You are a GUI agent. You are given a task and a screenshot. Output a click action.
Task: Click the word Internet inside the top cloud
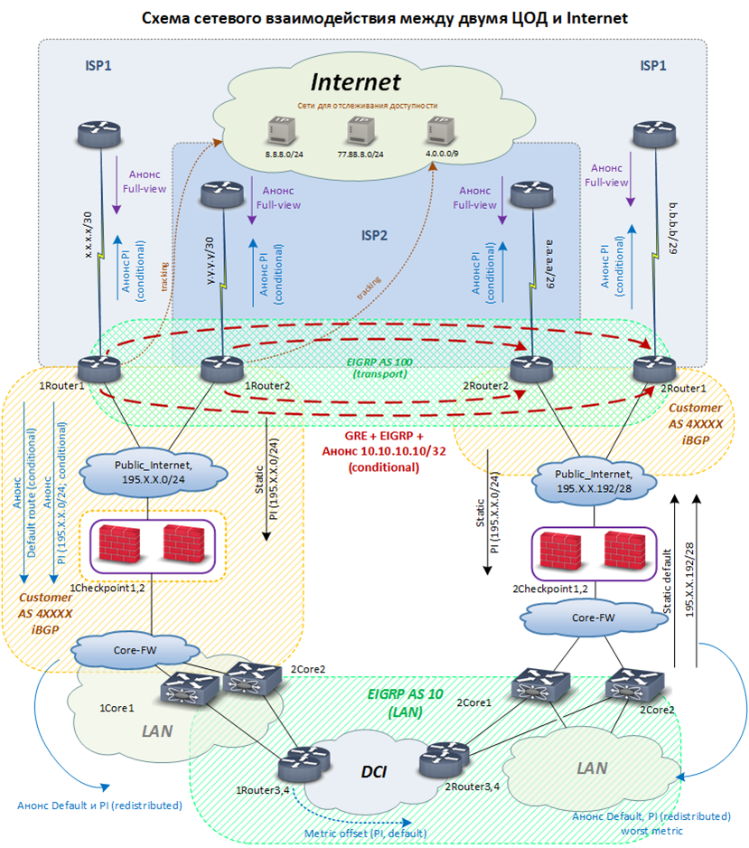(355, 81)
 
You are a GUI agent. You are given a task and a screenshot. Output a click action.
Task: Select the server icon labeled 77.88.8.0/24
(360, 132)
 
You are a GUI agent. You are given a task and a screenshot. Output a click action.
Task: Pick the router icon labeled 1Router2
(220, 368)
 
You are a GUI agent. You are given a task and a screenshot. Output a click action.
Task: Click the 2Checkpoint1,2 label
(552, 589)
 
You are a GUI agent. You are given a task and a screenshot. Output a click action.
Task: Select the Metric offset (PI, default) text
(378, 832)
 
